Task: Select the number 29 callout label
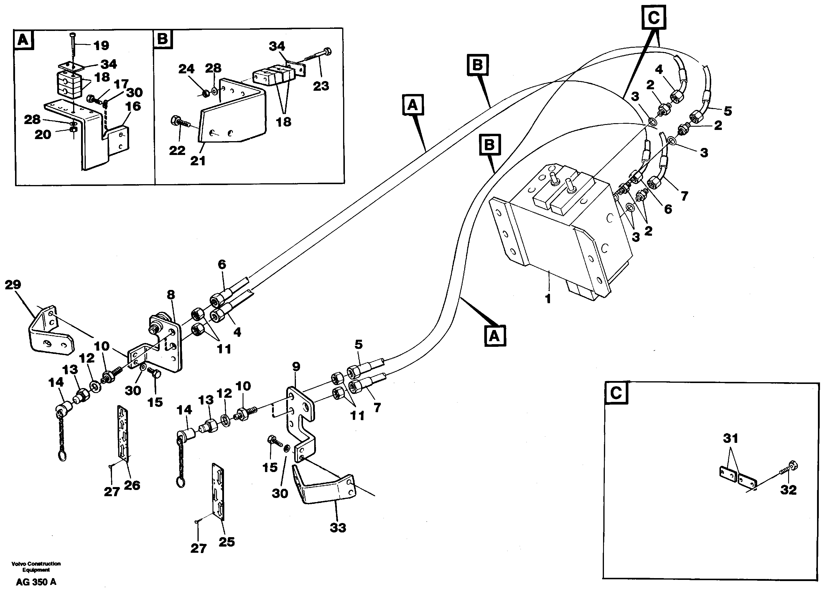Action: pyautogui.click(x=13, y=285)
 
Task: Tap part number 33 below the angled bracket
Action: pyautogui.click(x=338, y=528)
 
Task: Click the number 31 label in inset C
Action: pyautogui.click(x=730, y=438)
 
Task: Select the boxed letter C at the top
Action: pyautogui.click(x=654, y=17)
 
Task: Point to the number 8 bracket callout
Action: pyautogui.click(x=171, y=295)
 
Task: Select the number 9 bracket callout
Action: pyautogui.click(x=296, y=367)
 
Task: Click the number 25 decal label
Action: pyautogui.click(x=226, y=542)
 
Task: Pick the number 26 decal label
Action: pyautogui.click(x=132, y=485)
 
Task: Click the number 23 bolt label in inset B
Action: pyautogui.click(x=321, y=86)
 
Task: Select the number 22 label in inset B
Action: pyautogui.click(x=177, y=150)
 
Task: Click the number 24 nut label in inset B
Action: pyautogui.click(x=186, y=69)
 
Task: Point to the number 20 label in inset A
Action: pyautogui.click(x=43, y=135)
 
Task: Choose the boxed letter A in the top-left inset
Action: pyautogui.click(x=23, y=39)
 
